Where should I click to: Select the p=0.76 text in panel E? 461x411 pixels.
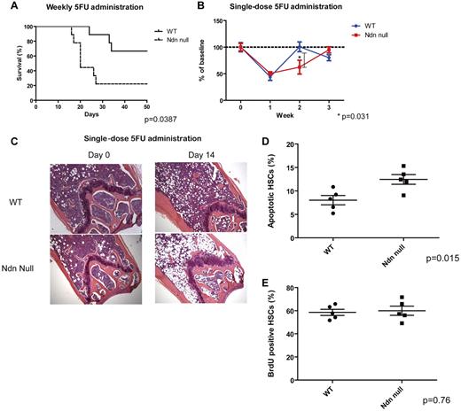[440, 400]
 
